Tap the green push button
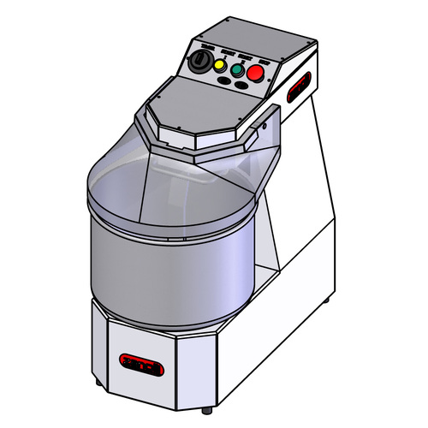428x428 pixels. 235,68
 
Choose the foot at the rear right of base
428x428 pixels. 328,303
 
